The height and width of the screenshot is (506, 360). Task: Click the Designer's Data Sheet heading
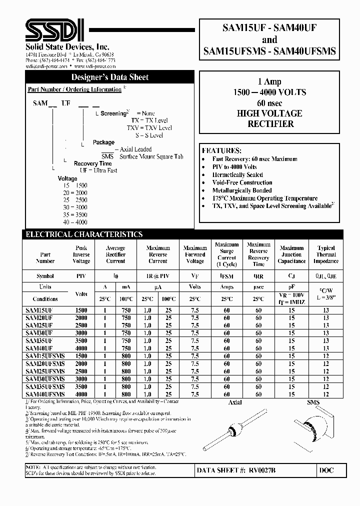110,77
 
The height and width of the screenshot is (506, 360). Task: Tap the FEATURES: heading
221,150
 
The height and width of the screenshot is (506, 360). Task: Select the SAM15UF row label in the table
38,310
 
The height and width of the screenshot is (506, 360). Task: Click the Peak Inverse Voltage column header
81,254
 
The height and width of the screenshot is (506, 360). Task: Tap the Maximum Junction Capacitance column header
292,254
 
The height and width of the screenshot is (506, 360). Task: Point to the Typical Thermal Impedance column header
326,254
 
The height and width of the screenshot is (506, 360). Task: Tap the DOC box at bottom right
326,470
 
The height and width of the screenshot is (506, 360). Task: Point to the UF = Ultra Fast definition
98,170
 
